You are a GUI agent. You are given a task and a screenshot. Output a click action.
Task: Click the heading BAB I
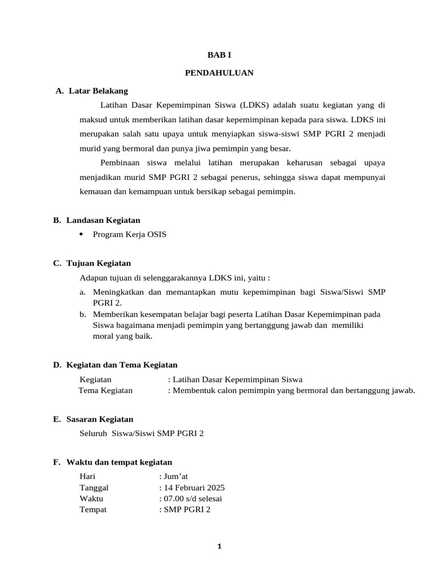point(219,55)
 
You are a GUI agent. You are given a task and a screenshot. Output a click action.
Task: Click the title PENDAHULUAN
point(219,73)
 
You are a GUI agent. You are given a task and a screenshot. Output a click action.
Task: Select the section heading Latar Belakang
point(98,91)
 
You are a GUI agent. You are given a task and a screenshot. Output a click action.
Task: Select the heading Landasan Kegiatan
point(103,220)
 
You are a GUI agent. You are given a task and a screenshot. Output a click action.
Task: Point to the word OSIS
point(155,235)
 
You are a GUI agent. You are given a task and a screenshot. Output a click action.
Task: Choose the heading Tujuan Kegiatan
point(98,263)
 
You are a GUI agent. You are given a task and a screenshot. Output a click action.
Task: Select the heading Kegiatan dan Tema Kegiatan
point(122,365)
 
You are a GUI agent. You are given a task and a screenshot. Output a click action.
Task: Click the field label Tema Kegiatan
point(105,391)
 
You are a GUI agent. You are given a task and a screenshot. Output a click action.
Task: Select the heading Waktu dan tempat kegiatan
point(119,462)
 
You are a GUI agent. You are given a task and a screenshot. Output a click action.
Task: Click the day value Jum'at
point(176,476)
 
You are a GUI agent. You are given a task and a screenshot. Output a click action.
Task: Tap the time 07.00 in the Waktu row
point(173,499)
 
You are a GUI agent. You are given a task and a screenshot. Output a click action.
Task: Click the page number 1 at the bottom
point(219,546)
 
